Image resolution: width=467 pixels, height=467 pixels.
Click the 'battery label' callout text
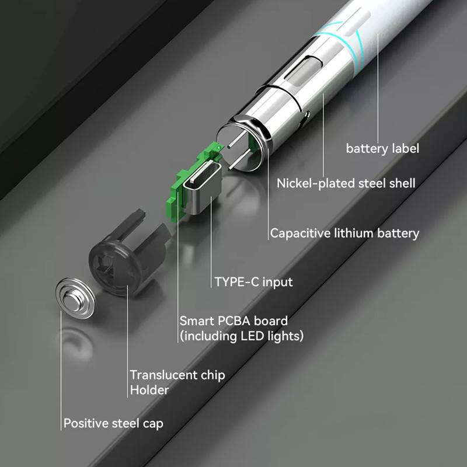click(382, 148)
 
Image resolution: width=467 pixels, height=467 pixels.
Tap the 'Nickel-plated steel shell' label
click(346, 183)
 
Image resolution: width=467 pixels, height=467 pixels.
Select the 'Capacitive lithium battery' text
click(344, 233)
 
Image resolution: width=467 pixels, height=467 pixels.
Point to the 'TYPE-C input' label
click(253, 282)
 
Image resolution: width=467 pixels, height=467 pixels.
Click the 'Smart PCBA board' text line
click(233, 320)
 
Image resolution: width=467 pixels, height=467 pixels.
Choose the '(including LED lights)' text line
click(242, 336)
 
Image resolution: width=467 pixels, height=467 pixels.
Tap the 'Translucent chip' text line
click(177, 375)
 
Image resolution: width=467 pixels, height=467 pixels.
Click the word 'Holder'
click(149, 390)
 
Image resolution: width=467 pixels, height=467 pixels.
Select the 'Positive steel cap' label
click(113, 424)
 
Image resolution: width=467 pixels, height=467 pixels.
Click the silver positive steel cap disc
click(76, 298)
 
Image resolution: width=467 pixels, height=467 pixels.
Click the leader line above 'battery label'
click(378, 89)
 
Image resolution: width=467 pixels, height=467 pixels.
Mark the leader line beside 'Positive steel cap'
click(61, 371)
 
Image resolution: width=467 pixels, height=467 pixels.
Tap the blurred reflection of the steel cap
click(75, 344)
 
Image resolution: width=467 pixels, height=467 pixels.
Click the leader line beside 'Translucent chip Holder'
click(127, 341)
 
